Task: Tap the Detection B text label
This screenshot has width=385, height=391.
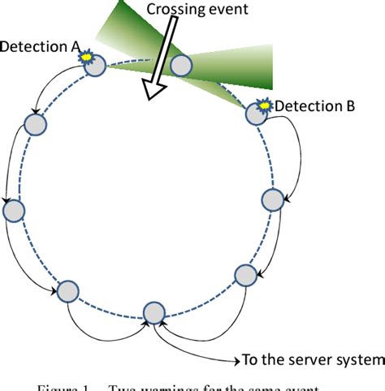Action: [314, 105]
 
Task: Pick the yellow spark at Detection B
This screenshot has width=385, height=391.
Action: [264, 104]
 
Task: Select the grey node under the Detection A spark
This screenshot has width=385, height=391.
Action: [96, 67]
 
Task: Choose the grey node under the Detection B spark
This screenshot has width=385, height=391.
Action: [256, 114]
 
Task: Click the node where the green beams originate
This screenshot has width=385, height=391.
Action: [180, 66]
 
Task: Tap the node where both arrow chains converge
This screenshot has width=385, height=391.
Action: [154, 313]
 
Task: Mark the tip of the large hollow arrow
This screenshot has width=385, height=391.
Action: [148, 99]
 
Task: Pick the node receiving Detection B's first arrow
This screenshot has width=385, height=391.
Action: [274, 199]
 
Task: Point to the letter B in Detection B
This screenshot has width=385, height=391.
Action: [347, 105]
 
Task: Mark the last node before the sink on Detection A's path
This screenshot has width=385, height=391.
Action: [67, 290]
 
